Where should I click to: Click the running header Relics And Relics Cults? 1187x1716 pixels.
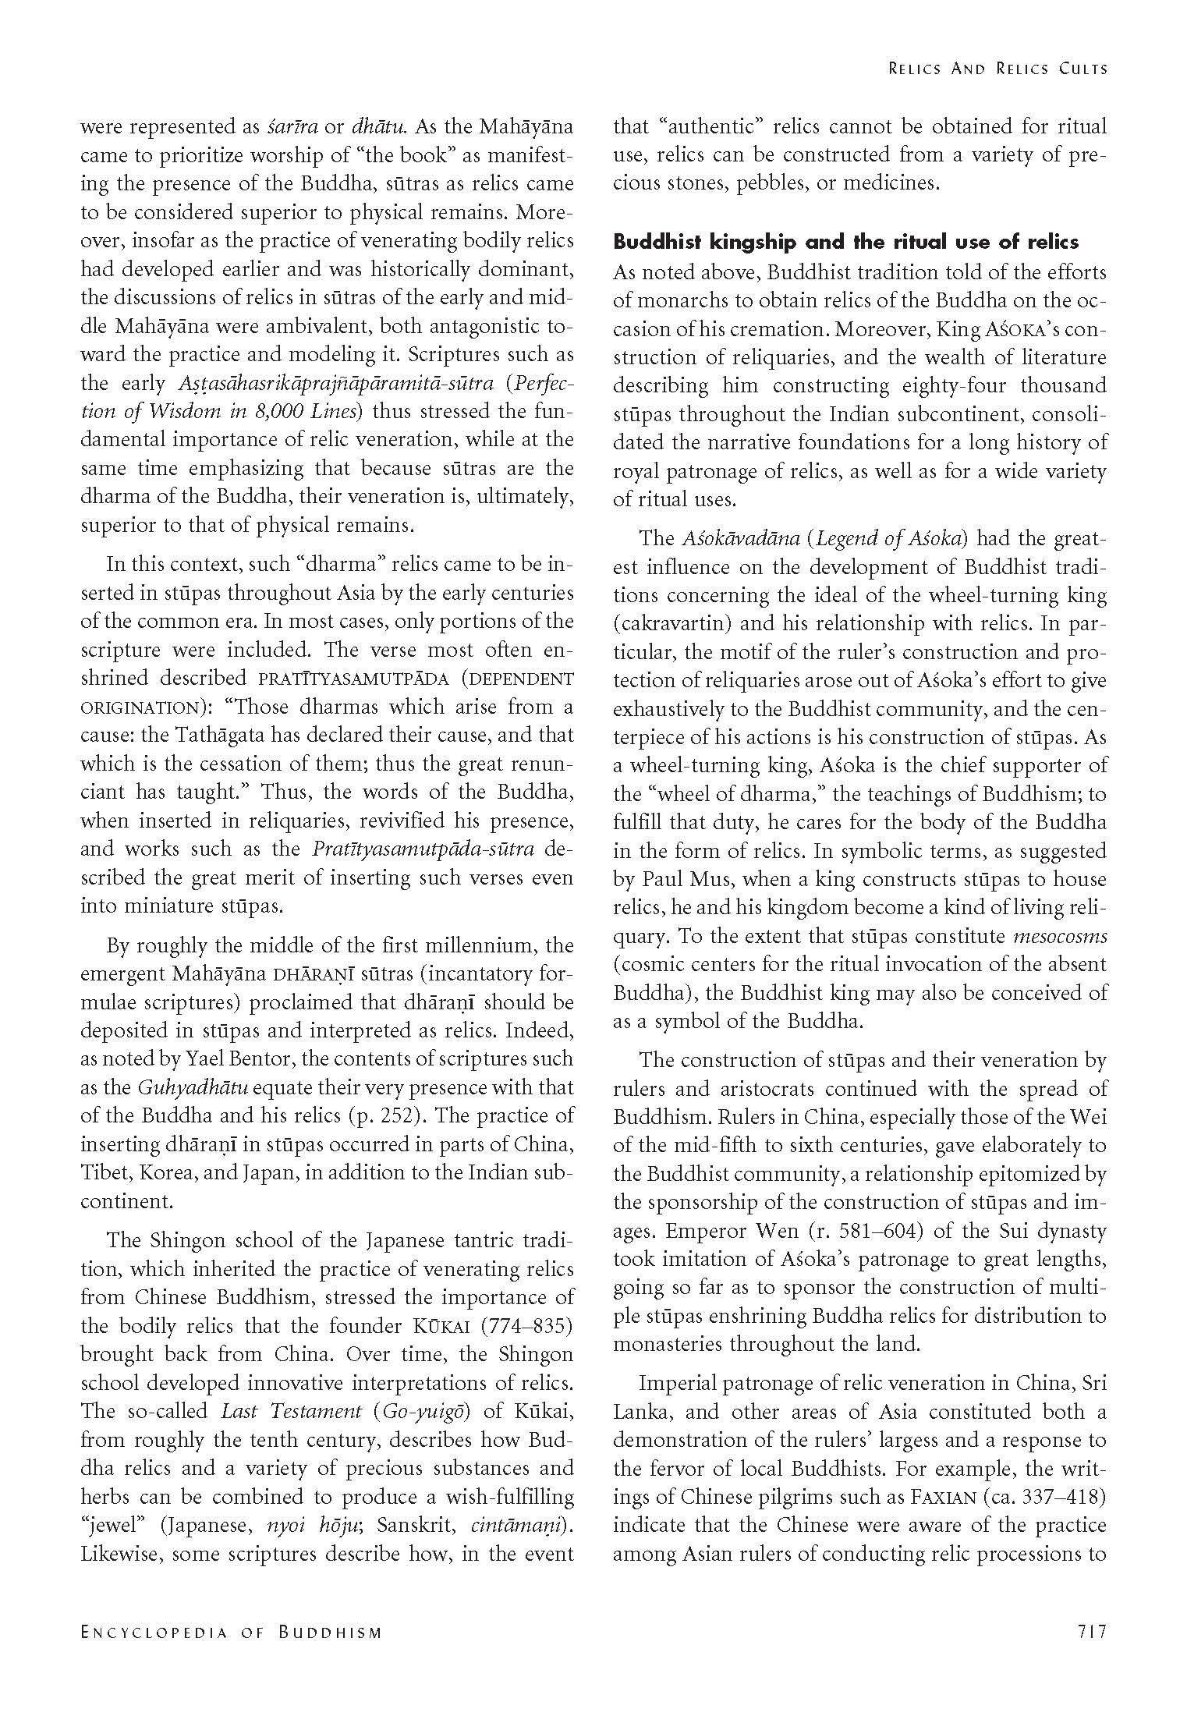tap(997, 69)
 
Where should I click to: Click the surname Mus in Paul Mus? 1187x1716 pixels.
tap(707, 879)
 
